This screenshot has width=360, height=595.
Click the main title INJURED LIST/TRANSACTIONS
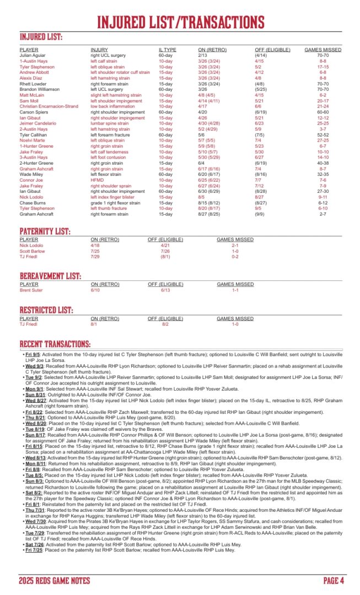[x=180, y=21]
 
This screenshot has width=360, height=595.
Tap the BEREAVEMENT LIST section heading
[x=50, y=275]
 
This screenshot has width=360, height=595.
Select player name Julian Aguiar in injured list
[x=34, y=56]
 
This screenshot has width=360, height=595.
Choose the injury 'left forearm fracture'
[x=112, y=134]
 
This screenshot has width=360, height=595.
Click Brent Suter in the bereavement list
[x=32, y=290]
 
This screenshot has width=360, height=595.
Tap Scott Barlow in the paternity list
[x=33, y=251]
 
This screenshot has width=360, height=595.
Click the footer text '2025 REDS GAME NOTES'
[x=54, y=580]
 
